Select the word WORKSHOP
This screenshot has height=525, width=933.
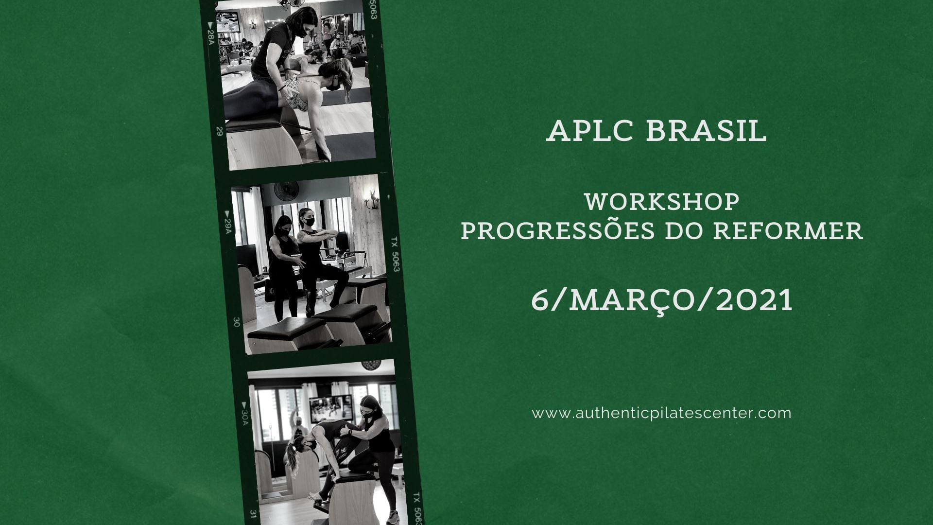(x=662, y=202)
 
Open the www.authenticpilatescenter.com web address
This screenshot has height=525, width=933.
(x=662, y=414)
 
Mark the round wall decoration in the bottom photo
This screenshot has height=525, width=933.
(x=369, y=365)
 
